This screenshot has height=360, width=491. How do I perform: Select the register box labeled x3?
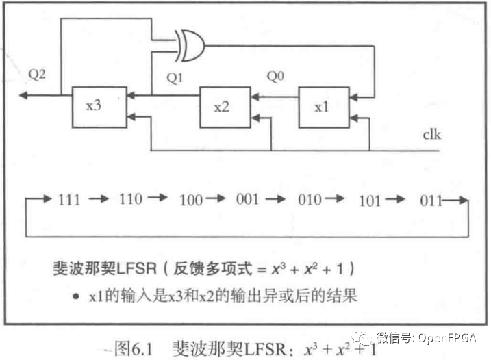point(99,106)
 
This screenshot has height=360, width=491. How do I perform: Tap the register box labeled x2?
point(224,107)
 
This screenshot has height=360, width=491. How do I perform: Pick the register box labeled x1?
point(323,107)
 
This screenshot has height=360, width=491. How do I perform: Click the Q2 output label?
point(38,75)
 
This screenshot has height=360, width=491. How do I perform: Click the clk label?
point(431,135)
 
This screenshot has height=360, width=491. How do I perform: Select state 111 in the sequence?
point(68,201)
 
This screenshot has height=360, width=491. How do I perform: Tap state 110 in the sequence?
point(130,199)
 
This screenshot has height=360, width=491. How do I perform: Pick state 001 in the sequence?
point(247,199)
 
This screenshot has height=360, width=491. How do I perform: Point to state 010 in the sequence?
point(310,200)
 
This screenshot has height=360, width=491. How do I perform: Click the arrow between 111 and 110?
point(99,200)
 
